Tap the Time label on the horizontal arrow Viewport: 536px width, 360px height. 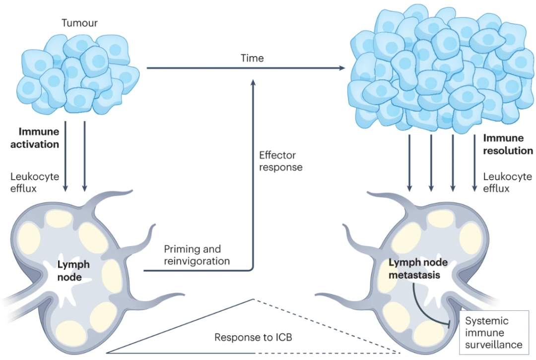coord(252,58)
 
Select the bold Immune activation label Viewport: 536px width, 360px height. coord(39,138)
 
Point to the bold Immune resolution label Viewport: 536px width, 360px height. coord(508,145)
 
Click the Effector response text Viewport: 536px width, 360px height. coord(281,161)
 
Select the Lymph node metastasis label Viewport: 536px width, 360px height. coord(414,269)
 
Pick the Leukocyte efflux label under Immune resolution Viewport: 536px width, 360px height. coord(507,182)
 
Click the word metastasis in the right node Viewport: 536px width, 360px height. coord(414,275)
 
